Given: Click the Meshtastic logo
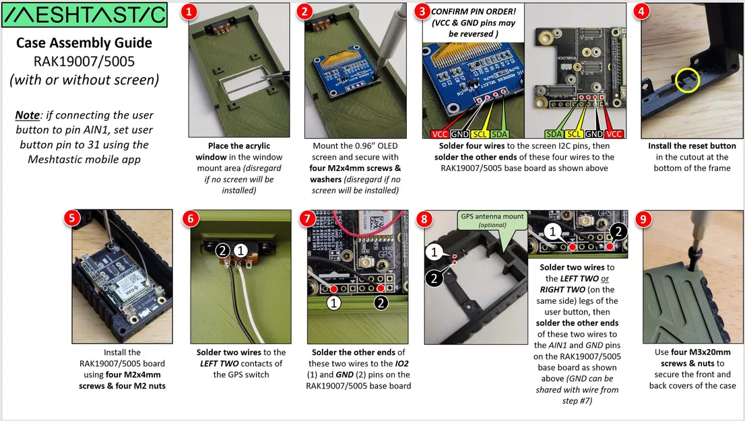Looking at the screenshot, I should click(84, 14).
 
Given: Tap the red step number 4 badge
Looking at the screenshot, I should click(641, 11).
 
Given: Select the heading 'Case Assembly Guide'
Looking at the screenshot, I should click(84, 43).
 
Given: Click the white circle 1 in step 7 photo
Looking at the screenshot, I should click(333, 303).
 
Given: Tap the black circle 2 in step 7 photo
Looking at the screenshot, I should click(381, 303).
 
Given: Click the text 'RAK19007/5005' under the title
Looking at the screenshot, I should click(84, 61).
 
